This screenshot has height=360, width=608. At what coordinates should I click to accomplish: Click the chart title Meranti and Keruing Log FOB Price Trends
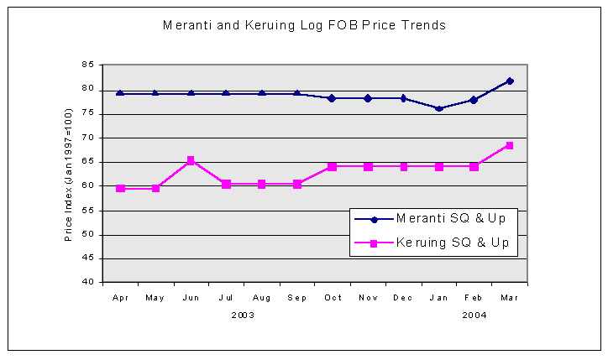pyautogui.click(x=304, y=25)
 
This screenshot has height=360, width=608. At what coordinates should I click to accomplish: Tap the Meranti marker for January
pyautogui.click(x=438, y=108)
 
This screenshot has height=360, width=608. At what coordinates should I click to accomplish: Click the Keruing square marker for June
pyautogui.click(x=191, y=160)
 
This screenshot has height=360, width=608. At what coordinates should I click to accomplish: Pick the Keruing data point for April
pyautogui.click(x=120, y=188)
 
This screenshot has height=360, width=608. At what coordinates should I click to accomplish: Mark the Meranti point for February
pyautogui.click(x=474, y=100)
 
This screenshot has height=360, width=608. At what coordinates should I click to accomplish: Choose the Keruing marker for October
pyautogui.click(x=333, y=166)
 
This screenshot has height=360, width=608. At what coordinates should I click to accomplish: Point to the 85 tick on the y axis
pyautogui.click(x=87, y=65)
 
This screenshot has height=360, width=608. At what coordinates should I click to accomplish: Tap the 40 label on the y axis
pyautogui.click(x=87, y=283)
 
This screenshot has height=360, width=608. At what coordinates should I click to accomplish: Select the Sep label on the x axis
pyautogui.click(x=297, y=298)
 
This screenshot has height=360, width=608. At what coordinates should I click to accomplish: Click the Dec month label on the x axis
pyautogui.click(x=403, y=298)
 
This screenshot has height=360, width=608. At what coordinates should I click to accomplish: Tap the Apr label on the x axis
pyautogui.click(x=120, y=298)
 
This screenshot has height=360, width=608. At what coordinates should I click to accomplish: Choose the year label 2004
pyautogui.click(x=474, y=316)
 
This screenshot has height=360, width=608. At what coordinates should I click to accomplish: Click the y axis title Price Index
pyautogui.click(x=69, y=174)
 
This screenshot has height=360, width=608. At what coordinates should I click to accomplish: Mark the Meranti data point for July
pyautogui.click(x=226, y=93)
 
